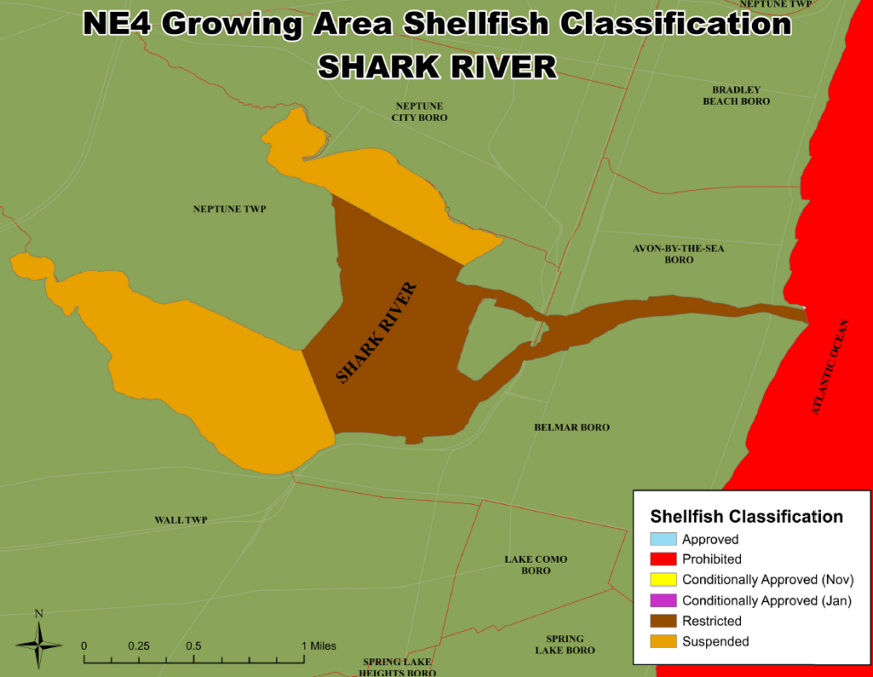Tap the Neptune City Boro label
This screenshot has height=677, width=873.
point(419,112)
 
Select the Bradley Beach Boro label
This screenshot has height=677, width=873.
point(736,95)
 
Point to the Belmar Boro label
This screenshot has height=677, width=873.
point(571,427)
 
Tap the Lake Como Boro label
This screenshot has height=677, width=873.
point(535,564)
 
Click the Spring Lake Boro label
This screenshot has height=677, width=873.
point(564,645)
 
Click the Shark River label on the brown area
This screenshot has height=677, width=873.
point(377,333)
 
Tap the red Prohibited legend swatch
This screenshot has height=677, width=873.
point(662,559)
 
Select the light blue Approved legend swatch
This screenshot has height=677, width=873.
point(662,539)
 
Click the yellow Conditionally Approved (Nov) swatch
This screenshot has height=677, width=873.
point(662,580)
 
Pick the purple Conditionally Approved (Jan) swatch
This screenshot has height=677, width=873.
point(662,600)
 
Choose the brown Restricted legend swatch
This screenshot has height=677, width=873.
point(662,621)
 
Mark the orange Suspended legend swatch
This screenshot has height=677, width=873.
point(662,641)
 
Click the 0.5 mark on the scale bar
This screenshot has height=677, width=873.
point(194,645)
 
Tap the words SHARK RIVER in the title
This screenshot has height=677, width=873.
point(436,66)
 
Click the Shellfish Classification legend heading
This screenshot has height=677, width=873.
point(746,517)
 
